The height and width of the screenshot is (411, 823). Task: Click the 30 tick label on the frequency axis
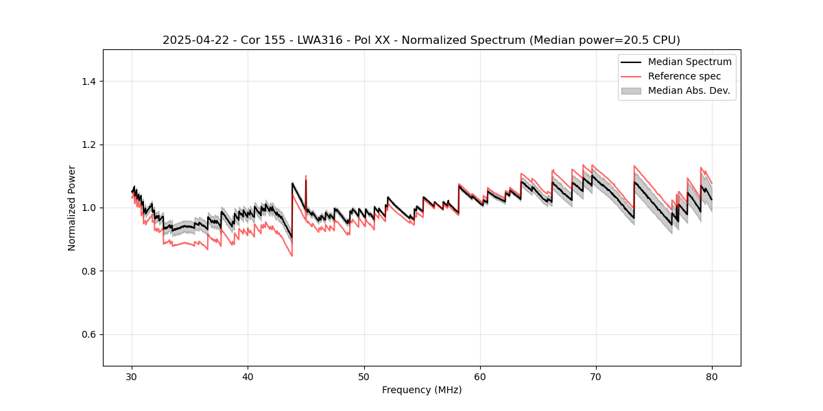click(x=132, y=376)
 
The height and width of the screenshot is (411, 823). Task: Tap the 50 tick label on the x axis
click(x=364, y=376)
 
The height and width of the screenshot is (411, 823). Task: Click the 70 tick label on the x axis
click(x=596, y=376)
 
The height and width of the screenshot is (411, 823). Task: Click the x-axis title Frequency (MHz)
click(x=422, y=390)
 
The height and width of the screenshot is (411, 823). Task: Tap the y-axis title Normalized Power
click(x=72, y=208)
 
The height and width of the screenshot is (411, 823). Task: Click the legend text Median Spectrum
click(x=690, y=62)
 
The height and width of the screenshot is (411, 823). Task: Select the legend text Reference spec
click(x=684, y=76)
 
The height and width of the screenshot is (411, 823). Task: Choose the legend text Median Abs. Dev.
click(x=689, y=90)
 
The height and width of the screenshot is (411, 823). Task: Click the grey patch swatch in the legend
click(x=631, y=90)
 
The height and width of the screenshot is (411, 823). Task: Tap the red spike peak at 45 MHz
click(x=306, y=176)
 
